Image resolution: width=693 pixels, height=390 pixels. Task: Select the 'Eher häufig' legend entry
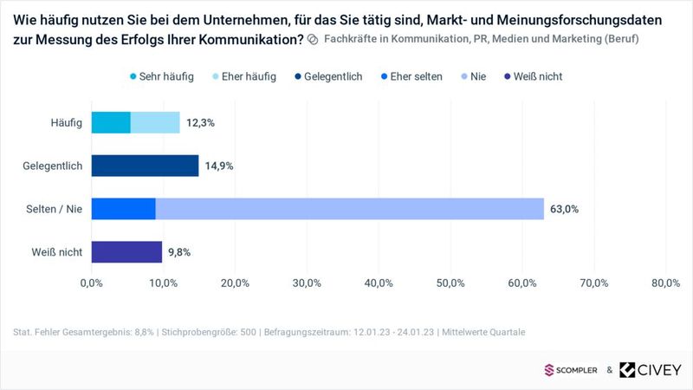[243, 76]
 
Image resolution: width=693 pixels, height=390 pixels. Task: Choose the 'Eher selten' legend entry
[410, 76]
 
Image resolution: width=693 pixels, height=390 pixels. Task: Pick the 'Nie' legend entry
[472, 76]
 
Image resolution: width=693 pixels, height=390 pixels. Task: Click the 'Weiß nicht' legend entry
[531, 76]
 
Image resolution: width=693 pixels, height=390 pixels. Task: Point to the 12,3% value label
[199, 123]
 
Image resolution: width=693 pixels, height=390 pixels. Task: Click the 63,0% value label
[564, 209]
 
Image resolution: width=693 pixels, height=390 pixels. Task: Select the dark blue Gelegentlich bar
[145, 166]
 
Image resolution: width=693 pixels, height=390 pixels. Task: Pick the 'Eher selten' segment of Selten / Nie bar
[123, 209]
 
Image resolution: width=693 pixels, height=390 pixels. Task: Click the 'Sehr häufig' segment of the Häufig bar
[111, 123]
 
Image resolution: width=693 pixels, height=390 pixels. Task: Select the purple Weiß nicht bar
[126, 252]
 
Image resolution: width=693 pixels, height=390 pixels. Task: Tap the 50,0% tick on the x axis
[450, 283]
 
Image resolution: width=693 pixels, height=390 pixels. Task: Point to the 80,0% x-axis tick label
[665, 283]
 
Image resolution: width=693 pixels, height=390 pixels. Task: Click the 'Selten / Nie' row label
[53, 209]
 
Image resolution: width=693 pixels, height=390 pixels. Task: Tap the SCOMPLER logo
[572, 370]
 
